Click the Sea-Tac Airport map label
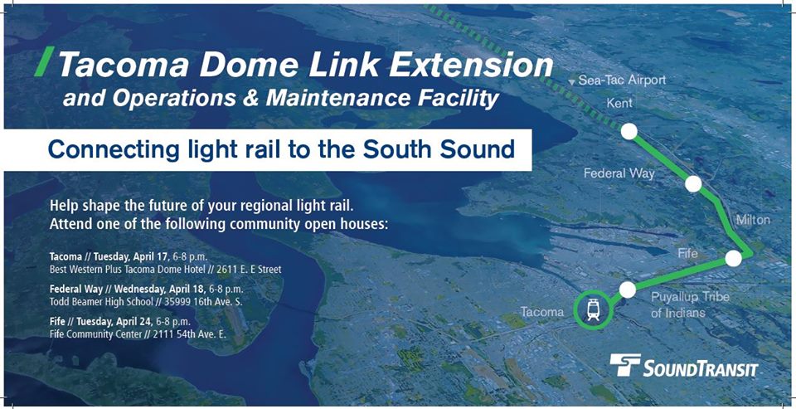[x=622, y=80]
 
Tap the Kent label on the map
[x=620, y=103]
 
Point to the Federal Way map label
[x=619, y=173]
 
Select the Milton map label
[x=753, y=220]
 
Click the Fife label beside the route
[x=688, y=252]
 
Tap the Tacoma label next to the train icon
[x=542, y=311]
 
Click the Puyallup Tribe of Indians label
[x=690, y=304]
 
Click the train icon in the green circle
[x=592, y=310]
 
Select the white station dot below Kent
[x=629, y=131]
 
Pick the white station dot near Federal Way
[x=693, y=184]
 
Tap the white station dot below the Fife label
[x=733, y=258]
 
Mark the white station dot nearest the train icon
[x=628, y=290]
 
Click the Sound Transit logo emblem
[x=625, y=365]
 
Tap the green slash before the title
[x=44, y=61]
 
